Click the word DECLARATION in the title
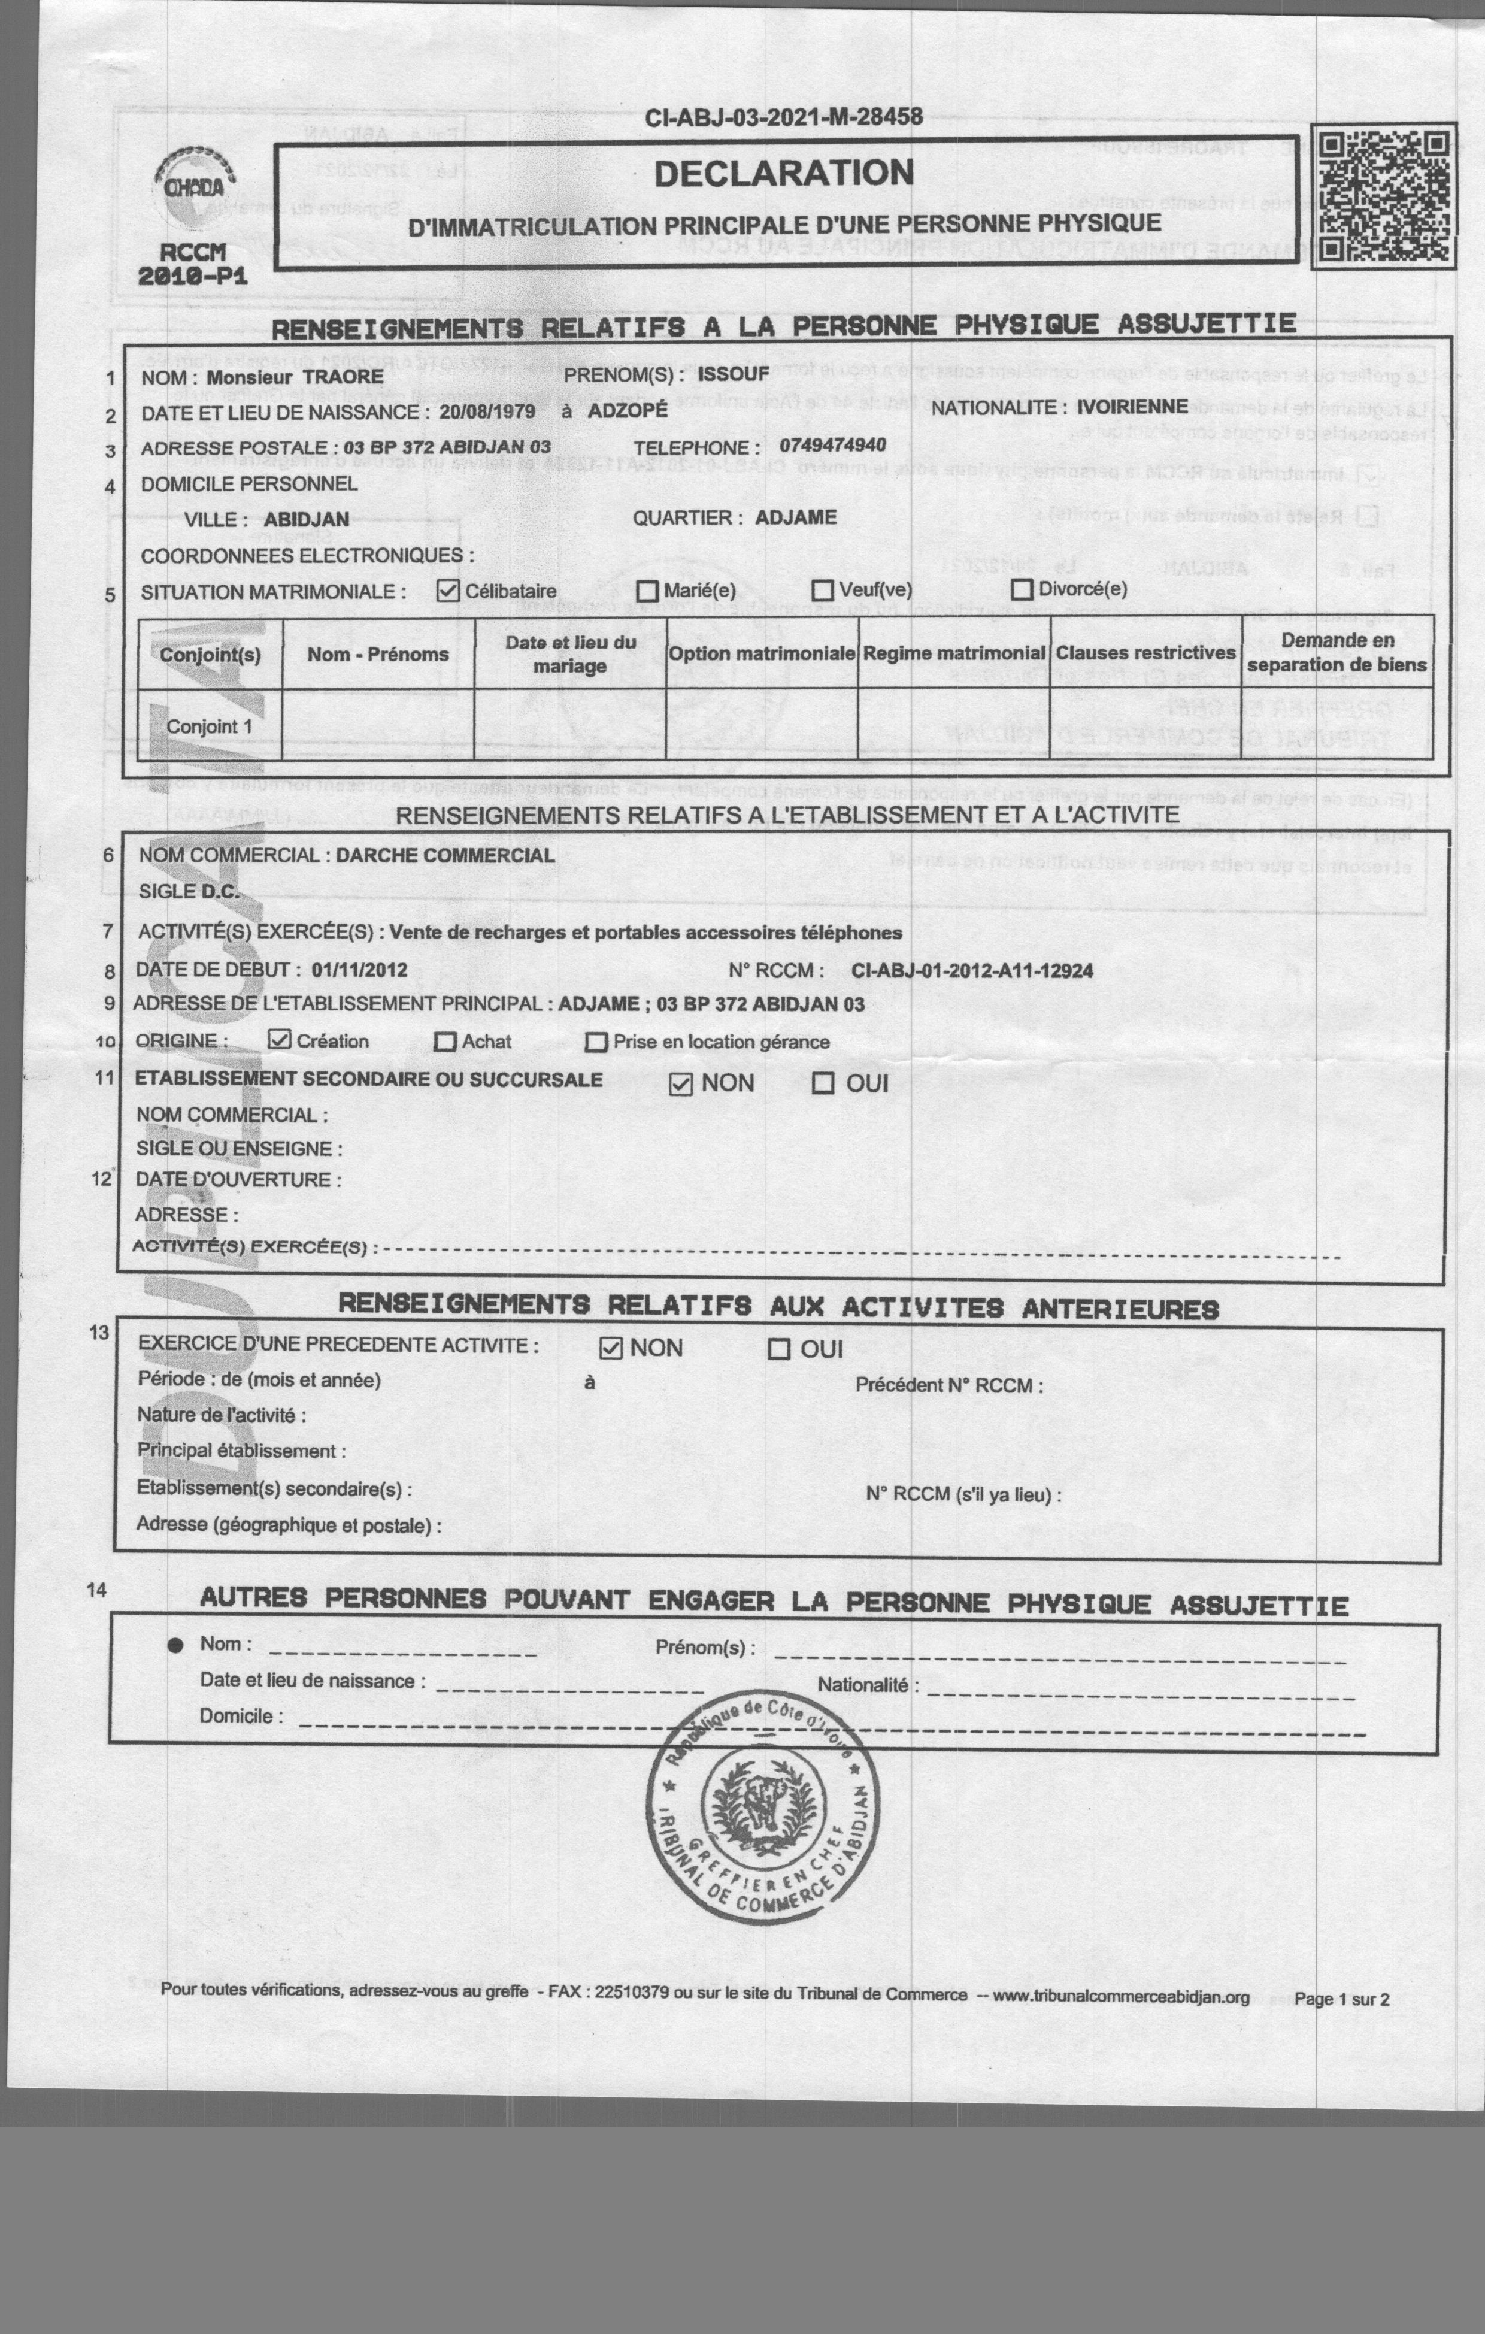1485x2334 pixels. pos(783,174)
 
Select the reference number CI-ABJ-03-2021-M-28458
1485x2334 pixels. pos(783,118)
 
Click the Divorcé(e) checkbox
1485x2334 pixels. pos(1022,589)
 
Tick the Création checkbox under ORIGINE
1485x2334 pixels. pos(279,1040)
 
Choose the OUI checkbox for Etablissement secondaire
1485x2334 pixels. pos(822,1083)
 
